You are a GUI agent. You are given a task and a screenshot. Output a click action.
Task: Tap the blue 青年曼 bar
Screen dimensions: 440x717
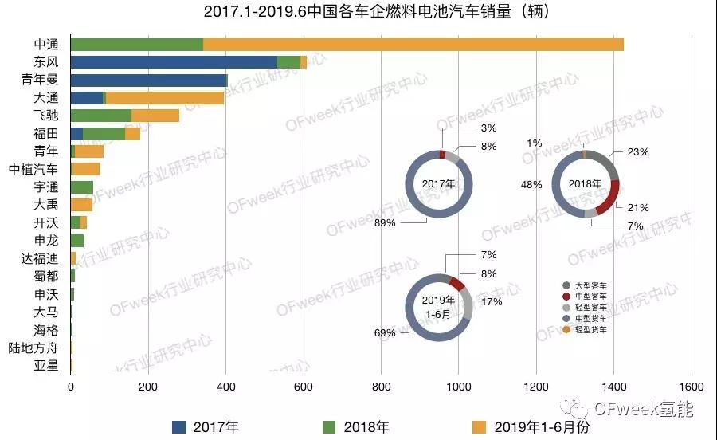click(149, 80)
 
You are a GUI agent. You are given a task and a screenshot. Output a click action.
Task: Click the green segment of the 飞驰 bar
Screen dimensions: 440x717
click(101, 116)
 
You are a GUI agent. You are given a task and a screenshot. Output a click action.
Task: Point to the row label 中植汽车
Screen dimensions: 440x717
click(33, 169)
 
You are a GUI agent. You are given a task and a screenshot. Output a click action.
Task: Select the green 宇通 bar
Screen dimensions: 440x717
click(82, 187)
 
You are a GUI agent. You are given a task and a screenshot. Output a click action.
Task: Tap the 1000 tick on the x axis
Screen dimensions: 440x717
click(458, 387)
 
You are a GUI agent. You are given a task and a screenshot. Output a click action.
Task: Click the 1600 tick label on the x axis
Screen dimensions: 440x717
click(691, 387)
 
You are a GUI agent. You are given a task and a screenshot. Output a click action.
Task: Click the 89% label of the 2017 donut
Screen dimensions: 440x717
click(385, 223)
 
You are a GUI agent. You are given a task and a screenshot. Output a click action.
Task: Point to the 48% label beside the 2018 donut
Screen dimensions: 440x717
click(531, 184)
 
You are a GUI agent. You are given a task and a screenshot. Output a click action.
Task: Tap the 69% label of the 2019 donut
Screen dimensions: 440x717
click(385, 332)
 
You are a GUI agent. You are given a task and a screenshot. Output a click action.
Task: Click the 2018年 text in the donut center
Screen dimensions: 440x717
click(585, 184)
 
